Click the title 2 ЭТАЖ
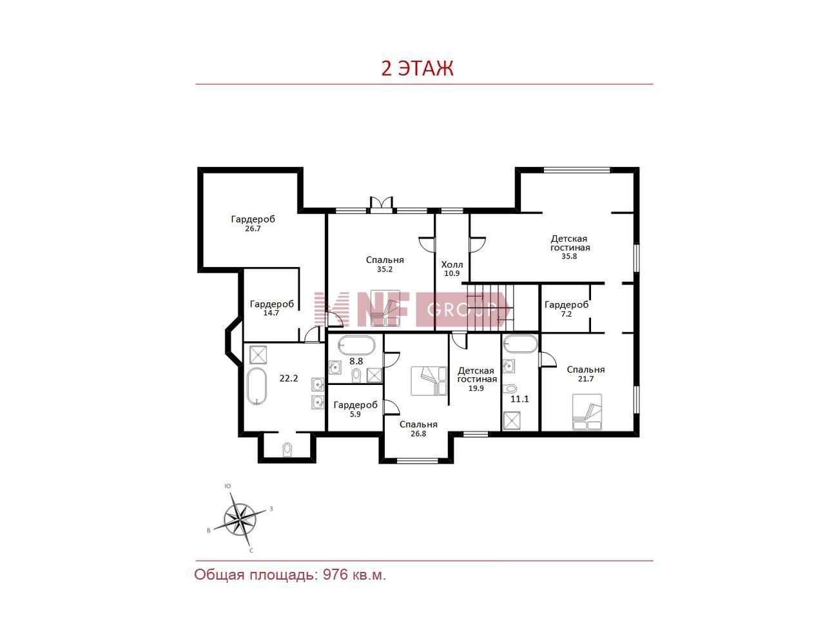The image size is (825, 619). click(417, 68)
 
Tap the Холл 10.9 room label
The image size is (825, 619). click(452, 269)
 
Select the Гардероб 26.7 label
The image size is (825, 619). click(253, 224)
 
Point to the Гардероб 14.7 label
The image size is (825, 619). click(272, 308)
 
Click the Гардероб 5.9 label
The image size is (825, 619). click(356, 409)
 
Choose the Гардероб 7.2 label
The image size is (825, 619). click(567, 309)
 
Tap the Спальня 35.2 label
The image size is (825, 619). click(385, 264)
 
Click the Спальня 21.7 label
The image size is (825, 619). click(586, 374)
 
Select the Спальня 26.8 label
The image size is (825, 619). click(418, 429)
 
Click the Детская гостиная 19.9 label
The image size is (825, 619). click(477, 379)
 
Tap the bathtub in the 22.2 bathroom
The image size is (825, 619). click(257, 386)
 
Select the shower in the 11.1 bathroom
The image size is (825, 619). click(512, 420)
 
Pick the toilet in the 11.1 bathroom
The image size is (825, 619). click(510, 388)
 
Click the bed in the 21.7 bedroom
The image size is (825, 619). click(587, 412)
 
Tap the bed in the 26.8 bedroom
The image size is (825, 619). click(429, 380)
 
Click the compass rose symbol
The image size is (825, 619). click(240, 520)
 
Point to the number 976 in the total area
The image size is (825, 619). click(335, 575)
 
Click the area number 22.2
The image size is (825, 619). click(289, 378)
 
